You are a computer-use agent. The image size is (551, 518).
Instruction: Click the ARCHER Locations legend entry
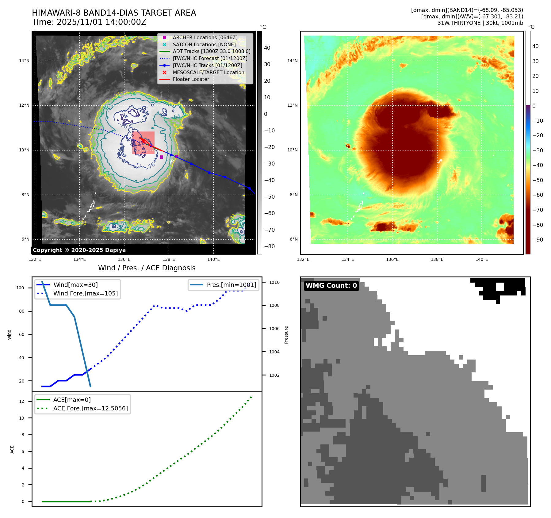coord(205,37)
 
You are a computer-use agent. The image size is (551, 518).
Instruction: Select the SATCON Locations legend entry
coord(204,44)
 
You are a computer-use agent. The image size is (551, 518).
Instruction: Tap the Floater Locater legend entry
coord(191,79)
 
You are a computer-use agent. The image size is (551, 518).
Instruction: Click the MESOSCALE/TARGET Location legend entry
coord(208,72)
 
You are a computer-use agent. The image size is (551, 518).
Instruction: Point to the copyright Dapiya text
coord(79,250)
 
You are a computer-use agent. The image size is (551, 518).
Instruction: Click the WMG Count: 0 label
coord(331,286)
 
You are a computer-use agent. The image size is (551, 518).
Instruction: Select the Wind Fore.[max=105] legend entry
coord(85,293)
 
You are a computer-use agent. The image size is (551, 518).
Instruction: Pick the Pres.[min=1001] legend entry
coord(231,285)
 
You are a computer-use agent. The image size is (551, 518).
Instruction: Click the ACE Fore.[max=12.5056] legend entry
coord(90,408)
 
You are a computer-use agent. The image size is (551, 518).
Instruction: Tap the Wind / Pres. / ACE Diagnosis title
coord(147,268)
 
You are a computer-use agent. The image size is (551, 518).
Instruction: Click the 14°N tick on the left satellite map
coord(24,61)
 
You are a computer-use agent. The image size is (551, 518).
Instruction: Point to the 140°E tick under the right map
coord(482,259)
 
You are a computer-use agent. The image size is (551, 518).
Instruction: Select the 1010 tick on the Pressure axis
coord(274,282)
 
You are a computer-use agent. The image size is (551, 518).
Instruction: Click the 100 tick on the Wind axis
coord(20,288)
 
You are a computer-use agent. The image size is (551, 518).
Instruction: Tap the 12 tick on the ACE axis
coord(21,401)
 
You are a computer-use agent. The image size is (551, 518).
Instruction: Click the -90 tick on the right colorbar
coord(538,240)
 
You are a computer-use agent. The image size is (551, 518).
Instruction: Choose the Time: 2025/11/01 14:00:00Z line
coord(89,22)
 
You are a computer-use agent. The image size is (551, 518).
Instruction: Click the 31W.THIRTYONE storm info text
coord(480,23)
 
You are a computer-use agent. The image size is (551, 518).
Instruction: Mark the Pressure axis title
coord(286,335)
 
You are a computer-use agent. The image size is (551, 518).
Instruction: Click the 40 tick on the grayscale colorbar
coord(267,48)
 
